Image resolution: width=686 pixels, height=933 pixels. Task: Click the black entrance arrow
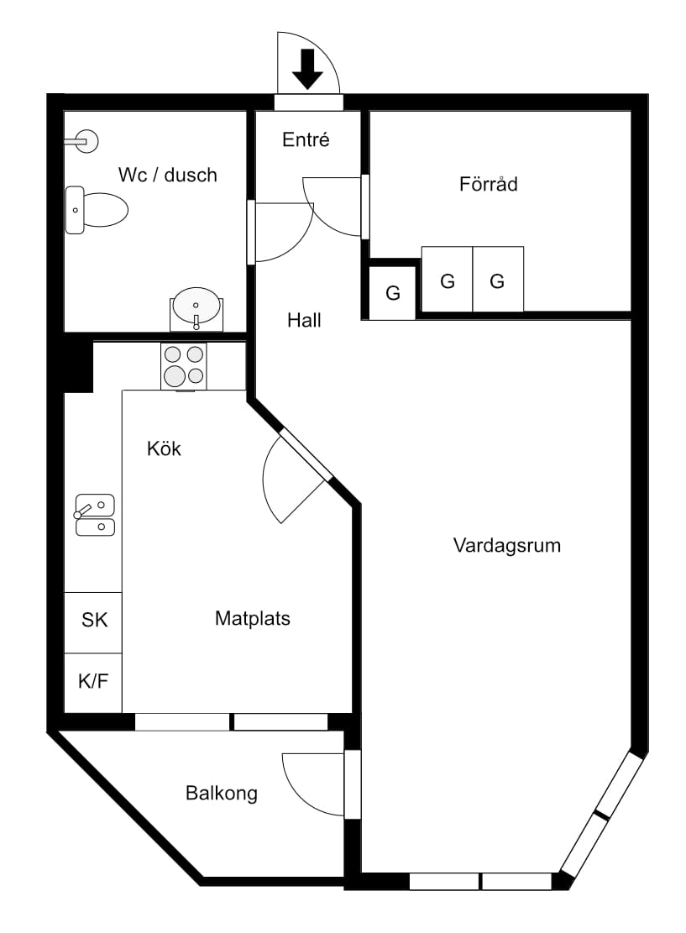pos(307,70)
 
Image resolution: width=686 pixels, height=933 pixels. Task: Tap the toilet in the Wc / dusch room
pos(97,210)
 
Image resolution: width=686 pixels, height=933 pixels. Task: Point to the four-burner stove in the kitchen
pos(184,366)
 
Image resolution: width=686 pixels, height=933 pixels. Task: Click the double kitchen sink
pos(95,516)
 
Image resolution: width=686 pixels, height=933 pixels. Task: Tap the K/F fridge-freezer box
pos(93,683)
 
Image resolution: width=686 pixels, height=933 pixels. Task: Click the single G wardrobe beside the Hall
pos(393,293)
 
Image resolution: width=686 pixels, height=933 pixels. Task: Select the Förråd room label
pos(488,184)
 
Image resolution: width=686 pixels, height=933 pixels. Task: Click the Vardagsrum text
pos(507,545)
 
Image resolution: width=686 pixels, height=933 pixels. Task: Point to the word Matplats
pos(252,618)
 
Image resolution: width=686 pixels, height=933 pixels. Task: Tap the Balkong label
pos(222,793)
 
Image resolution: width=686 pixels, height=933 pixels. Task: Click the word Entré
pos(306,139)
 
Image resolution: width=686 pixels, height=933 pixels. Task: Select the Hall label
pos(304,320)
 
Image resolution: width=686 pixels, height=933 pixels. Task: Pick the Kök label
pos(164,448)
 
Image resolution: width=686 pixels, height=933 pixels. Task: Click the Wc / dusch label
pos(168,175)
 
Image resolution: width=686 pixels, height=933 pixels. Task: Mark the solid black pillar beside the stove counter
pos(77,363)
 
